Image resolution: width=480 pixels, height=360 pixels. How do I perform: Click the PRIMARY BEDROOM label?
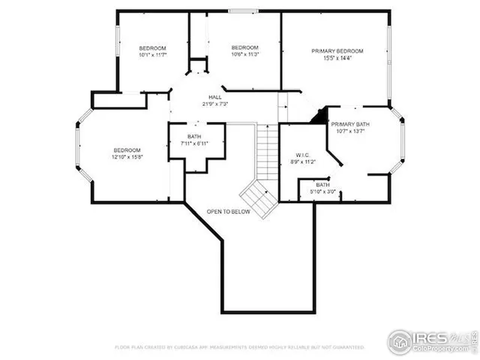click(337, 51)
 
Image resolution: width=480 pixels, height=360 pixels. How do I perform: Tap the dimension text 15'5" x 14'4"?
click(337, 58)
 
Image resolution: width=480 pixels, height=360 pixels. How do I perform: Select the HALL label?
click(214, 97)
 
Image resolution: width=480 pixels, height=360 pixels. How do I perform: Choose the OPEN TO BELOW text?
click(229, 212)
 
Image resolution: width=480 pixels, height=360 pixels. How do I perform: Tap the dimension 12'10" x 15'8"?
click(127, 157)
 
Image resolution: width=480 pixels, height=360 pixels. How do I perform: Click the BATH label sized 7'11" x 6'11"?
click(194, 136)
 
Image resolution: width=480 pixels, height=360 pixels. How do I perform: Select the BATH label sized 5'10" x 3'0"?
click(322, 184)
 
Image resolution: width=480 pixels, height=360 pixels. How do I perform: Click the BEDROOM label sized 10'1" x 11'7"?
click(152, 48)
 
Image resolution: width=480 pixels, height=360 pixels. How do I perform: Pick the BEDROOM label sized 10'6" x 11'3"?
click(244, 46)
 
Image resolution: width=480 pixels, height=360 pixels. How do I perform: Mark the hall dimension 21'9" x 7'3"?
click(214, 103)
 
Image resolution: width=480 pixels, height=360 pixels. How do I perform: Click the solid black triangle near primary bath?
click(320, 116)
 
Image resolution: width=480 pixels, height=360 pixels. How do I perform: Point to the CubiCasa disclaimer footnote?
click(239, 347)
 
